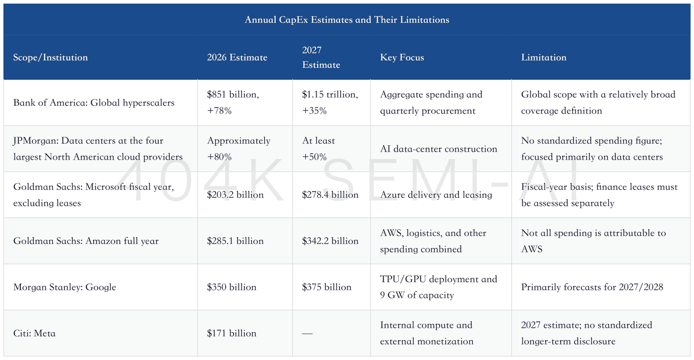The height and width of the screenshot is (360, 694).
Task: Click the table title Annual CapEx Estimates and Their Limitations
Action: [347, 20]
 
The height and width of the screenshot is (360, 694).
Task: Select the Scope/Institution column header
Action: [51, 58]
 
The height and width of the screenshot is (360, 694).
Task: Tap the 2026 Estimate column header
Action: [237, 58]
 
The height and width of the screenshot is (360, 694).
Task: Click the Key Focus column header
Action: [402, 58]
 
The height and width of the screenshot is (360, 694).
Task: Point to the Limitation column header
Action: [544, 58]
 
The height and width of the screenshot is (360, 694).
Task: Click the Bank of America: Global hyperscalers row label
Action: [94, 103]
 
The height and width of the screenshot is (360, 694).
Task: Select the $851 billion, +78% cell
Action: [233, 103]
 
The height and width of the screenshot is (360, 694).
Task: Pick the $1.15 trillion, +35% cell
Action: [330, 103]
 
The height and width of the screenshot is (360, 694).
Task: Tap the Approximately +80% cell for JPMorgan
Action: [238, 149]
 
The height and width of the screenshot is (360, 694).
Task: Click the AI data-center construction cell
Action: [438, 149]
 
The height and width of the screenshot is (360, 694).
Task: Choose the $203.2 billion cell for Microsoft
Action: [235, 195]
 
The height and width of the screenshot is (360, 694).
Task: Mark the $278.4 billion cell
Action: [330, 195]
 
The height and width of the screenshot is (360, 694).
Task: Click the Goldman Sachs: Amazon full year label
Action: [86, 241]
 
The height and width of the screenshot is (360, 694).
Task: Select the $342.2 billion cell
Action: [330, 241]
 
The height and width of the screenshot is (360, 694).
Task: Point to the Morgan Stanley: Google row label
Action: [64, 287]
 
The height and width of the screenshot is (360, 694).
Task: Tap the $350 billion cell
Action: [232, 287]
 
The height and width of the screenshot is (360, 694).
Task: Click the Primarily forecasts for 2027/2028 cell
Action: [592, 287]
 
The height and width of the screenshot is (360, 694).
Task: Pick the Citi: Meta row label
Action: [34, 333]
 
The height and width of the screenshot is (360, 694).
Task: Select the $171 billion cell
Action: [232, 333]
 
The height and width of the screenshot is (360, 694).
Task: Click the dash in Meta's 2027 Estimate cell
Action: [307, 334]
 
